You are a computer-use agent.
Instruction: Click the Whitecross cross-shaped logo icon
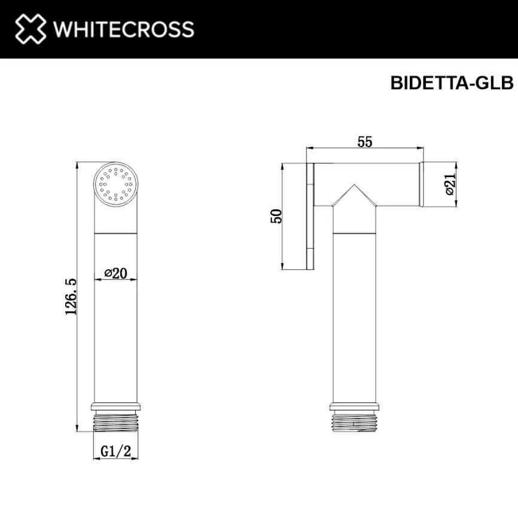(x=29, y=29)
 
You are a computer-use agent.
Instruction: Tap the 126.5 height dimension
(x=71, y=295)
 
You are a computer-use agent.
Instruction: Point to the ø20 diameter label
(x=115, y=273)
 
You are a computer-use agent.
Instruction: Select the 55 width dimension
(x=365, y=142)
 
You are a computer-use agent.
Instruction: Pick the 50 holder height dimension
(x=276, y=216)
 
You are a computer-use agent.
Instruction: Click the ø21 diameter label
(x=450, y=185)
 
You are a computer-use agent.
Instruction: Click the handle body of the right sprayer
(x=354, y=317)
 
